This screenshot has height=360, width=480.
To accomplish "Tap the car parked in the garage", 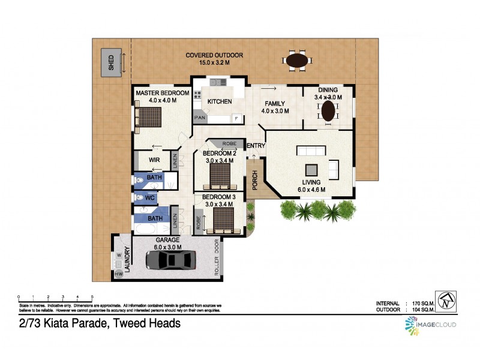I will tap(170, 260).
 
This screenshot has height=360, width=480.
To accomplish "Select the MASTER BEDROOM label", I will tap(162, 94).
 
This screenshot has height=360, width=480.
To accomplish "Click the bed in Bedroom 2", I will tap(218, 174).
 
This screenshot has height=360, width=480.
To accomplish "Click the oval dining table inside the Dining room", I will tap(328, 111).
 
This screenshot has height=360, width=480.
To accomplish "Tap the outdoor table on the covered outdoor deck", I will tap(297, 61).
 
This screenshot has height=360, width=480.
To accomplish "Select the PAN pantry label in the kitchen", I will tap(199, 118).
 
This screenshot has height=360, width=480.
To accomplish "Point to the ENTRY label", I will tap(256, 146).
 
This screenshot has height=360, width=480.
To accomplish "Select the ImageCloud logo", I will tap(430, 325).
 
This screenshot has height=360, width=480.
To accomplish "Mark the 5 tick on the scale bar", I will tap(92, 297).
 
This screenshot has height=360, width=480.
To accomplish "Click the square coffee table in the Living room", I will tap(311, 170).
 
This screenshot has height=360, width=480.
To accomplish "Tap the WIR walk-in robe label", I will tap(154, 160).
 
